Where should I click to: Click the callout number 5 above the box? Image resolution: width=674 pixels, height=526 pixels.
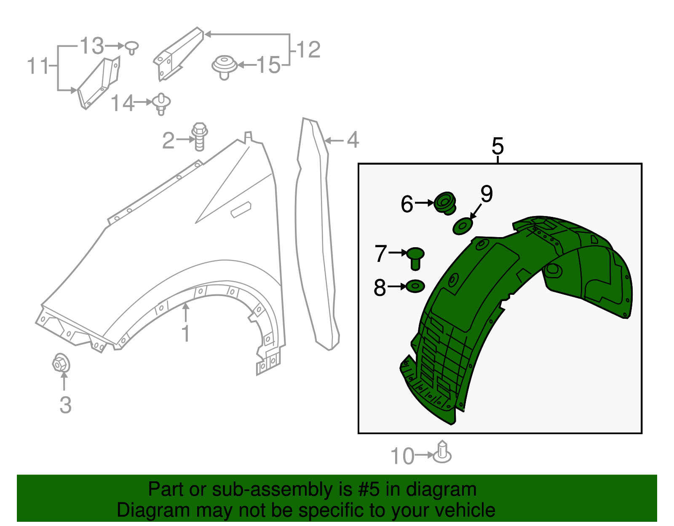point(497,146)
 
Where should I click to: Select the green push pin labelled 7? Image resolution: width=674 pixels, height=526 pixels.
point(415,257)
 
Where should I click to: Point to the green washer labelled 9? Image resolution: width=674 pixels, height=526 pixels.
point(463,226)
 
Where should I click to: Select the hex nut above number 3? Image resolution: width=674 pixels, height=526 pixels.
point(61,363)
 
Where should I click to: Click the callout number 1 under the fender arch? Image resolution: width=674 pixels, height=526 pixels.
point(186,334)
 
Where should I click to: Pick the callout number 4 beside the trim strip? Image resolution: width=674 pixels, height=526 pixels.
point(353,140)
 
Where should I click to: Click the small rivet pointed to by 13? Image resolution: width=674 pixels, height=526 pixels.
point(132,47)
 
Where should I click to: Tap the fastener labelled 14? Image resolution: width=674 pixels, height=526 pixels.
point(161,104)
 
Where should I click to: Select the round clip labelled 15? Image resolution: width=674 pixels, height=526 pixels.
point(224,66)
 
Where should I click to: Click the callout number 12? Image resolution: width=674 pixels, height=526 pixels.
point(309,50)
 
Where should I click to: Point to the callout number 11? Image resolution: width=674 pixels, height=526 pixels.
point(38,66)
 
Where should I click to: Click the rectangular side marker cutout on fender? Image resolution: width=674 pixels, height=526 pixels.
point(241,209)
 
